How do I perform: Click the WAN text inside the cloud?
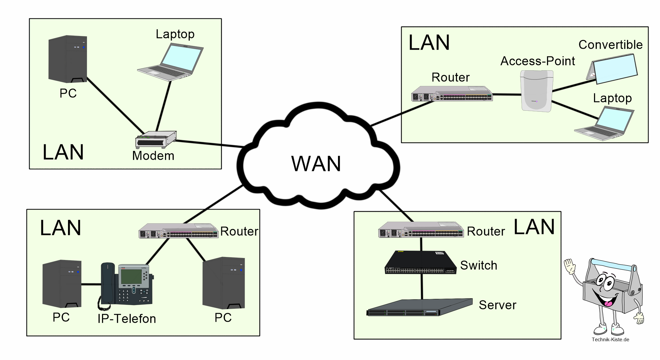tap(316, 164)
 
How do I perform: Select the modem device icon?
tap(156, 139)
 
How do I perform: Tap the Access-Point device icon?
tap(536, 91)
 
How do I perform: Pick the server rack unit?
tap(420, 308)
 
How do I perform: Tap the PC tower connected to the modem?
tap(68, 59)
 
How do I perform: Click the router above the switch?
tap(421, 230)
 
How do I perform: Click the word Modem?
tap(153, 156)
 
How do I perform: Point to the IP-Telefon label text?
tap(127, 319)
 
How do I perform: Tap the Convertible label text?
tap(610, 45)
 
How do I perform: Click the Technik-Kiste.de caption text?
tap(610, 340)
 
